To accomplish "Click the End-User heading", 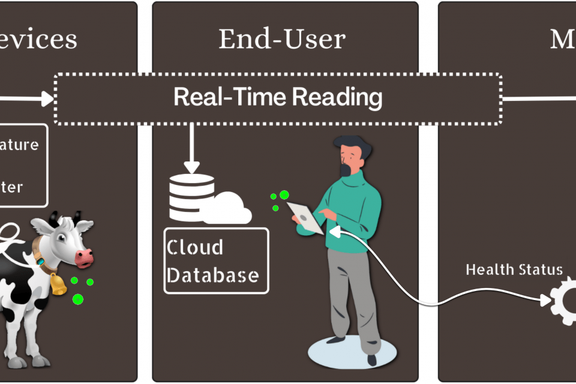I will tap(282, 39).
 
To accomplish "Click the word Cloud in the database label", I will tap(194, 247).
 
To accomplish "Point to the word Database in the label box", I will tap(213, 275).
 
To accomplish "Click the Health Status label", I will tap(514, 269).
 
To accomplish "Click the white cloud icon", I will tap(229, 209).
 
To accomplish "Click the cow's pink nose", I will tap(85, 258).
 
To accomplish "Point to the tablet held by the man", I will tap(306, 217).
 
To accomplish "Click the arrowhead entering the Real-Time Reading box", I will tap(48, 99).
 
